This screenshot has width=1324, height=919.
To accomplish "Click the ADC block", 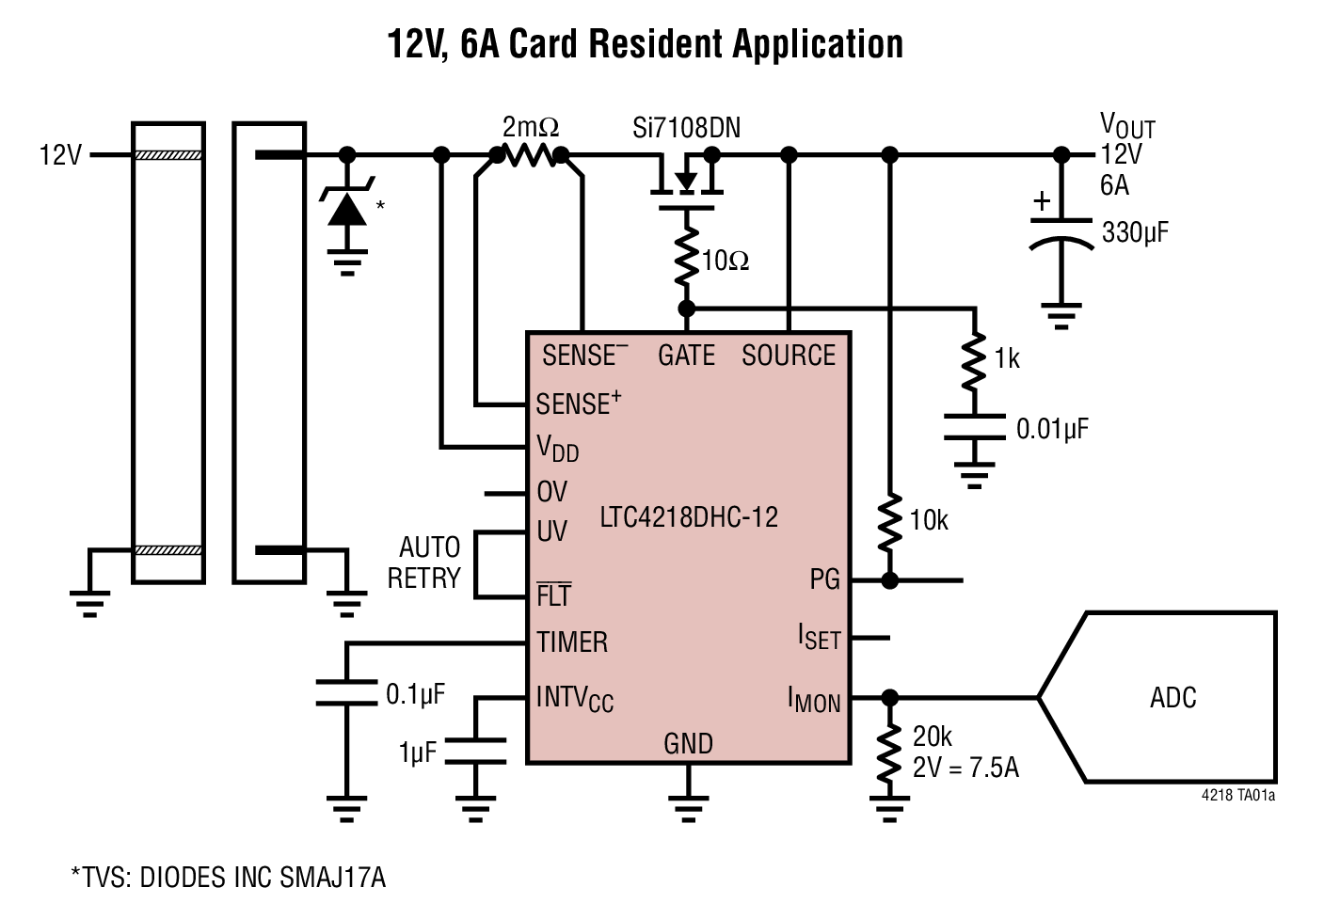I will pos(1172,697).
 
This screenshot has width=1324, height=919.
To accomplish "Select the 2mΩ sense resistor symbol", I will pos(530,155).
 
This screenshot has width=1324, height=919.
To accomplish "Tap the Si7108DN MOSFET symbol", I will pos(687,183).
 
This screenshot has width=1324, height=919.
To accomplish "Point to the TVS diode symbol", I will pos(346,207).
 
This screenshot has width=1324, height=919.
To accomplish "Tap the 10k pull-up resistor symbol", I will pos(889,524).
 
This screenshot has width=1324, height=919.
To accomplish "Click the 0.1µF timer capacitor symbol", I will pos(346,693).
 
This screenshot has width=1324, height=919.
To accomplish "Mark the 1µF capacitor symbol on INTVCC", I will pos(475,751).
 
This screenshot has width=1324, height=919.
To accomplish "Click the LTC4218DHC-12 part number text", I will pos(689,517).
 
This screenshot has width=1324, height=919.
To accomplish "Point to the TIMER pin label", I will pos(572,642).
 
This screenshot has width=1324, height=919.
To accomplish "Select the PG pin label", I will pos(824,579).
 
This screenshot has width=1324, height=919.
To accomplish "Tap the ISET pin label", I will pos(819,638).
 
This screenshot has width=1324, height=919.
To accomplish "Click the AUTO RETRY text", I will pos(425,562).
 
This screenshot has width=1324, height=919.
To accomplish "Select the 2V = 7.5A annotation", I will pos(965,768).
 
